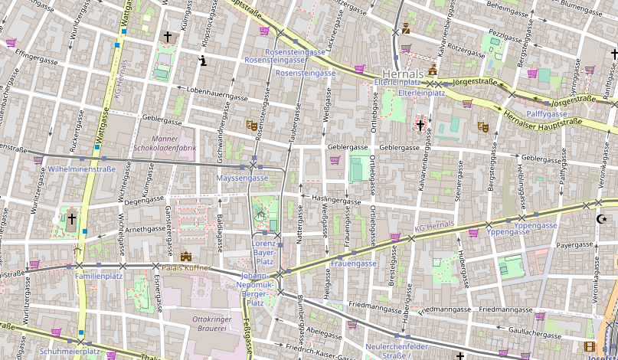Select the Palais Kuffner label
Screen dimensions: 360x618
point(220,267)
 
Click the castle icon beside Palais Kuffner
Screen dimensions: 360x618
point(185,257)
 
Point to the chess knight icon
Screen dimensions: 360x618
point(202,61)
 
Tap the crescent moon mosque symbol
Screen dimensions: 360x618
point(600,220)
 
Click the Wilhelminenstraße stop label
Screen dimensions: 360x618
point(81,169)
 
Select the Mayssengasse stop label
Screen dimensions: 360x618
point(243,178)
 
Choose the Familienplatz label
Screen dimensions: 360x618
point(99,276)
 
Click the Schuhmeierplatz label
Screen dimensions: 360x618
point(70,352)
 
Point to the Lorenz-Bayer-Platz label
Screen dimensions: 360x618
point(263,251)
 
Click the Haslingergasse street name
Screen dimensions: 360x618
point(336,199)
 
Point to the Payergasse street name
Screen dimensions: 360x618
point(575,246)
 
